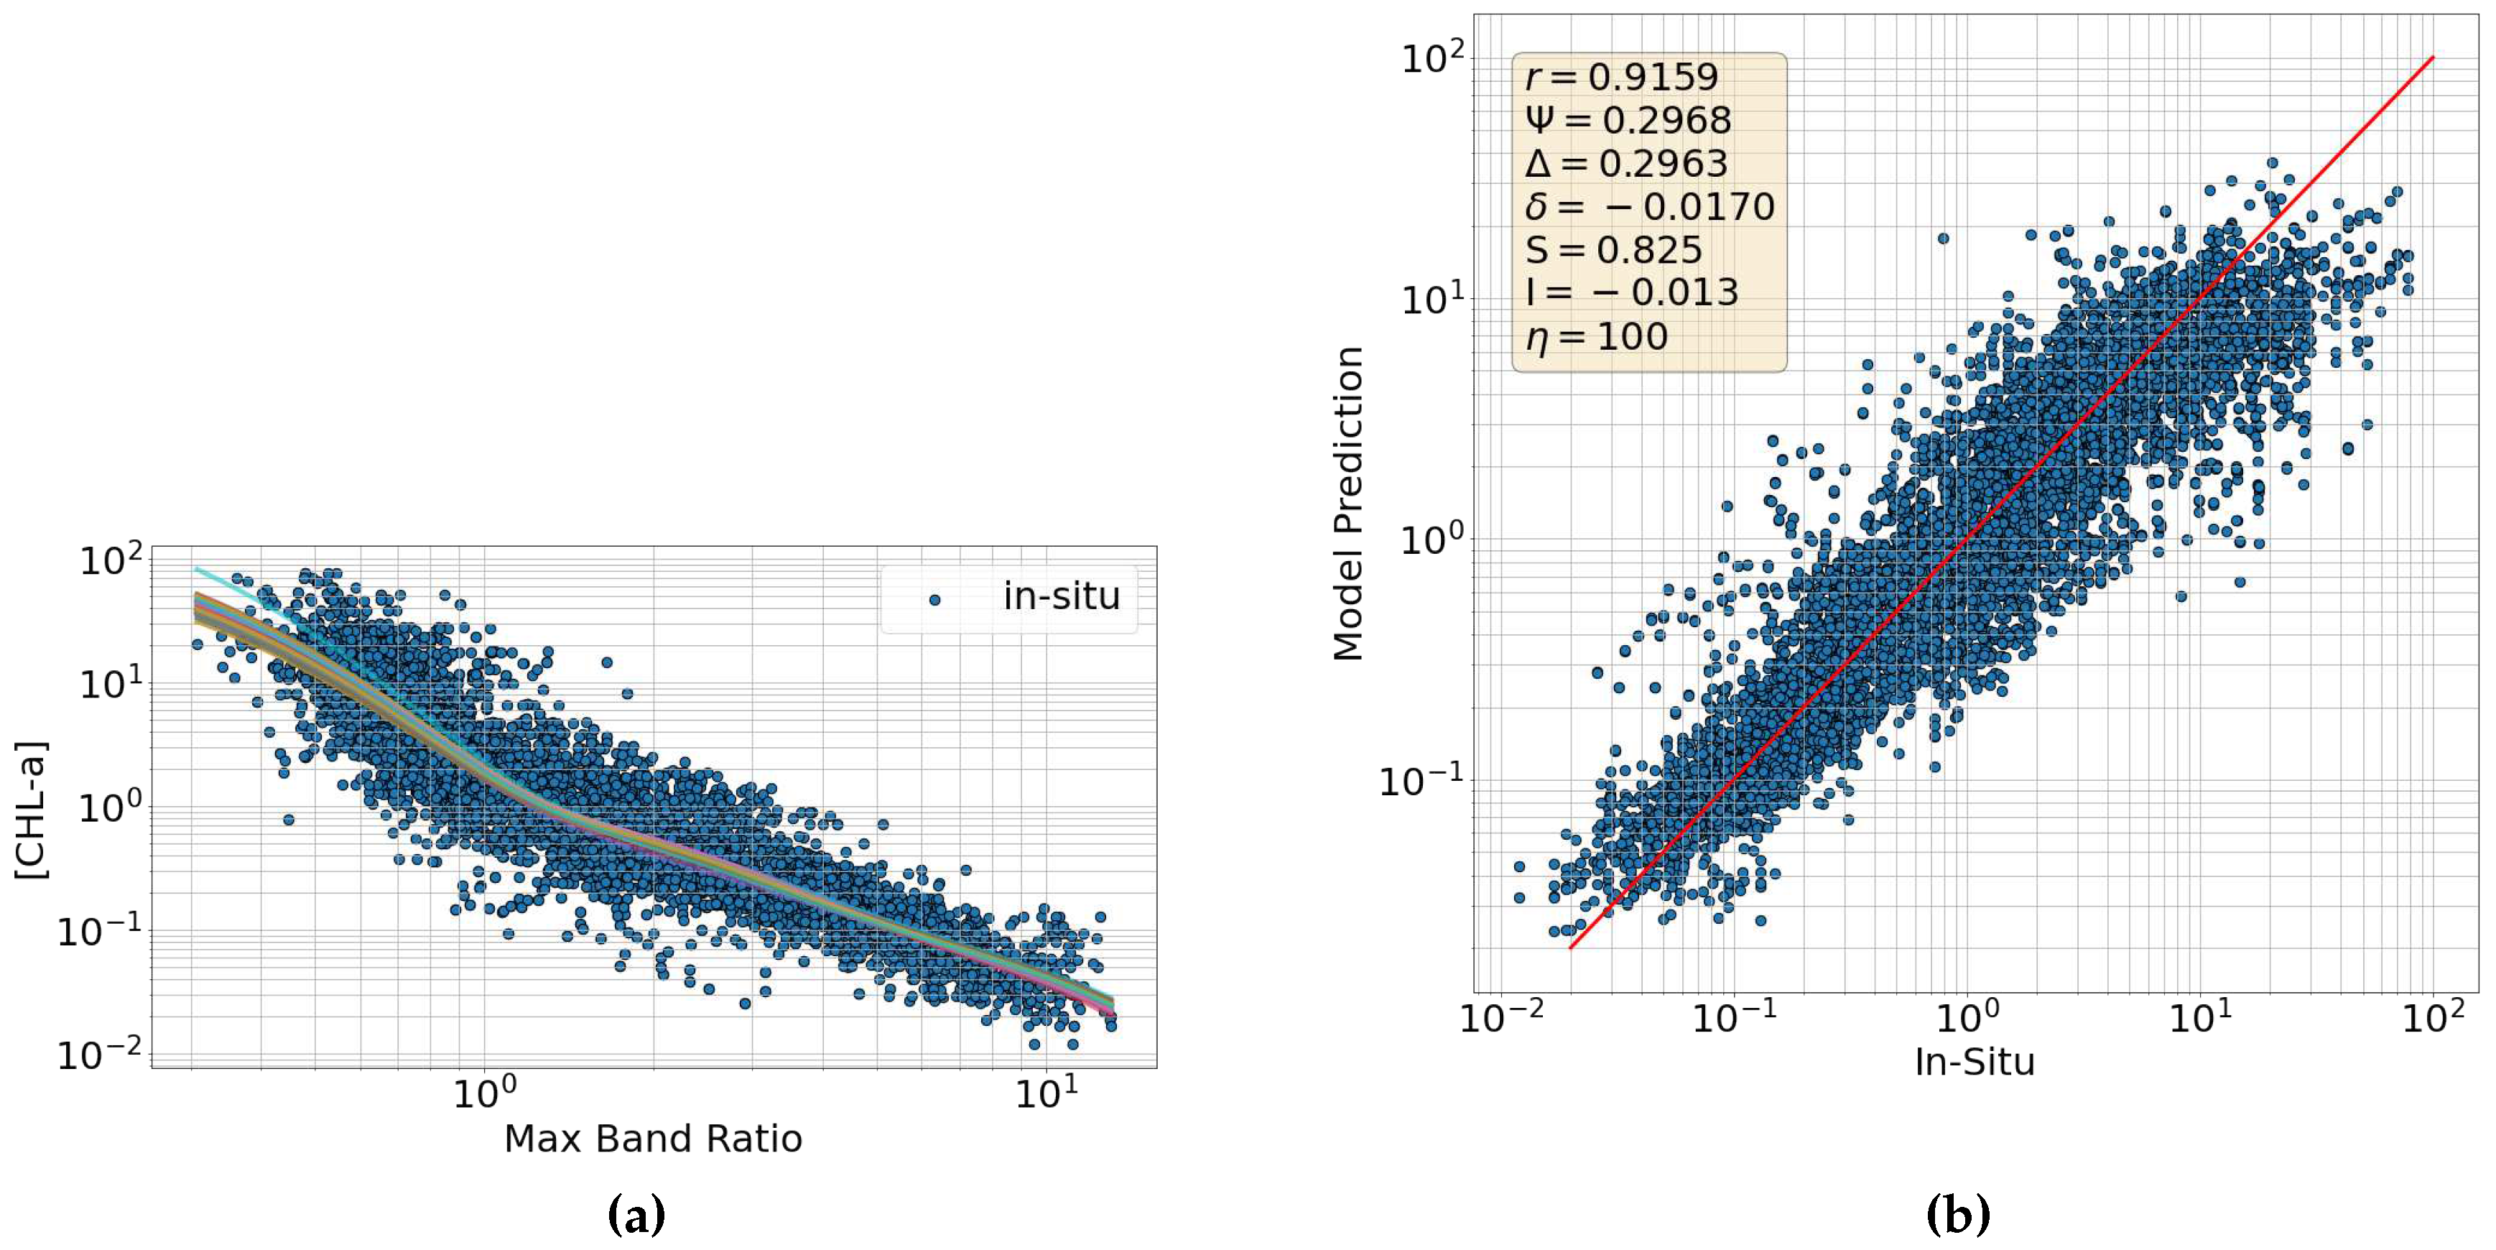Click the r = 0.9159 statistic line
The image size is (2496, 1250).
(x=1621, y=77)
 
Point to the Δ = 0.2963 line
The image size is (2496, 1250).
(x=1626, y=163)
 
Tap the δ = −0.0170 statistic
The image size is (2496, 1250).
(x=1649, y=206)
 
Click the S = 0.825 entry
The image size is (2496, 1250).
(x=1613, y=250)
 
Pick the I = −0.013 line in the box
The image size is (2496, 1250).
(x=1632, y=292)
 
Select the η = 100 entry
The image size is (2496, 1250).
(x=1597, y=336)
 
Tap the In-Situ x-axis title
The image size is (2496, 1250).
(x=1975, y=1062)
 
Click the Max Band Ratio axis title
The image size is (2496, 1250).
(x=653, y=1139)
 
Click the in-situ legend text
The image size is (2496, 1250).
(x=1061, y=596)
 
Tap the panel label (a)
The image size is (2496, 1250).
(x=636, y=1214)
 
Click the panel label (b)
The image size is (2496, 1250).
(x=1958, y=1214)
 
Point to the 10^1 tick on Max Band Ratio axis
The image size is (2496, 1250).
(x=1046, y=1093)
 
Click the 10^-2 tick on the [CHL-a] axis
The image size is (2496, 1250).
(x=98, y=1052)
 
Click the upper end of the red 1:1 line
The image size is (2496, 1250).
(x=2431, y=59)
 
